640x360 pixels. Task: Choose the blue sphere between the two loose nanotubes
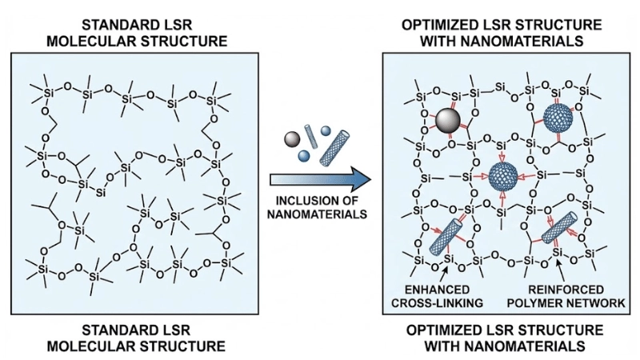[x=326, y=130]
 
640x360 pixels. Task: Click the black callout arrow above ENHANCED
[x=445, y=270]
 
